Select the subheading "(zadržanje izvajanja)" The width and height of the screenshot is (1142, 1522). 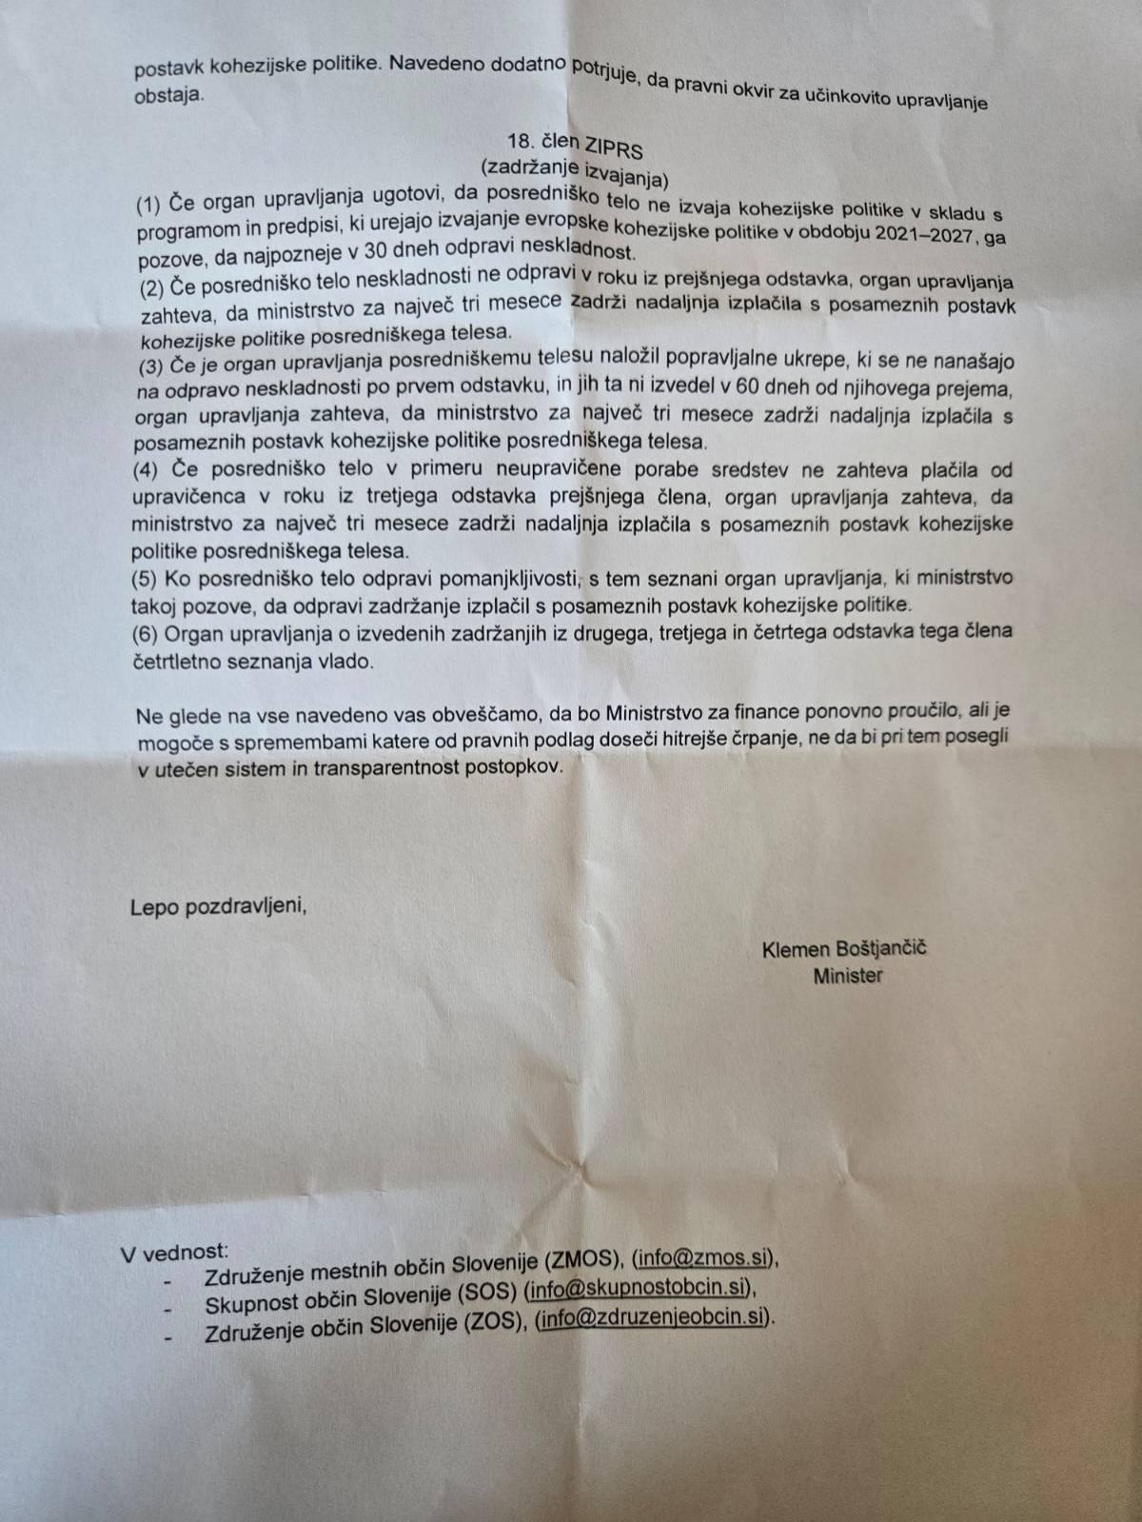(576, 173)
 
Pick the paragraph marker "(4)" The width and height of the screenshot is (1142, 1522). (148, 469)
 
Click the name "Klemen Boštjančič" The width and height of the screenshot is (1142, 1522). (844, 949)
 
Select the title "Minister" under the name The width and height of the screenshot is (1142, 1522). (847, 976)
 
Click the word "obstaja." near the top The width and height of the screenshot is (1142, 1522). (167, 95)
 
